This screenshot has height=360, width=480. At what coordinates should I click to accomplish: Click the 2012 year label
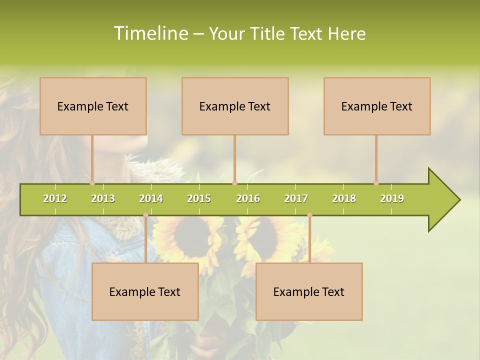pyautogui.click(x=55, y=198)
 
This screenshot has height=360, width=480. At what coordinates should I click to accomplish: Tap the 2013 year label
pyautogui.click(x=103, y=198)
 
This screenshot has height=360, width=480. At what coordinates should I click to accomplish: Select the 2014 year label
pyautogui.click(x=151, y=198)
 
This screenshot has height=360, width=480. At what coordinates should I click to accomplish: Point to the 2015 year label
pyautogui.click(x=199, y=198)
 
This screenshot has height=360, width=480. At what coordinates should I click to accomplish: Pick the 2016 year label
pyautogui.click(x=248, y=198)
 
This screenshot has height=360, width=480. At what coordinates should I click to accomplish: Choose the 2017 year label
pyautogui.click(x=296, y=198)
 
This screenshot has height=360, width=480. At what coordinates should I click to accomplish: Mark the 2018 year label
pyautogui.click(x=344, y=198)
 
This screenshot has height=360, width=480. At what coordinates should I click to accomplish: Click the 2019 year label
pyautogui.click(x=392, y=198)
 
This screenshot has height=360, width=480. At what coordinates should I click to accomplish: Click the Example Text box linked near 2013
pyautogui.click(x=93, y=106)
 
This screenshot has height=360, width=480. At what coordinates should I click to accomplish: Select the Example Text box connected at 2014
pyautogui.click(x=145, y=291)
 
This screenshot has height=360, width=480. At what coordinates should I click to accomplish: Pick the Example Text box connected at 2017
pyautogui.click(x=309, y=291)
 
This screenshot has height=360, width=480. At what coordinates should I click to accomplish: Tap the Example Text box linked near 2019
pyautogui.click(x=377, y=106)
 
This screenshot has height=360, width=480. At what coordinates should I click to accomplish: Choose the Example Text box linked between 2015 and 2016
pyautogui.click(x=235, y=106)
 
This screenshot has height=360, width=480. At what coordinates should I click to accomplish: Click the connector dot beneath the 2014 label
pyautogui.click(x=145, y=215)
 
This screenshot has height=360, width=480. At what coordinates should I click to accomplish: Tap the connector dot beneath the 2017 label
pyautogui.click(x=309, y=215)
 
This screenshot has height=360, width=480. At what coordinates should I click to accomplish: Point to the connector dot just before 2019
pyautogui.click(x=376, y=183)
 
